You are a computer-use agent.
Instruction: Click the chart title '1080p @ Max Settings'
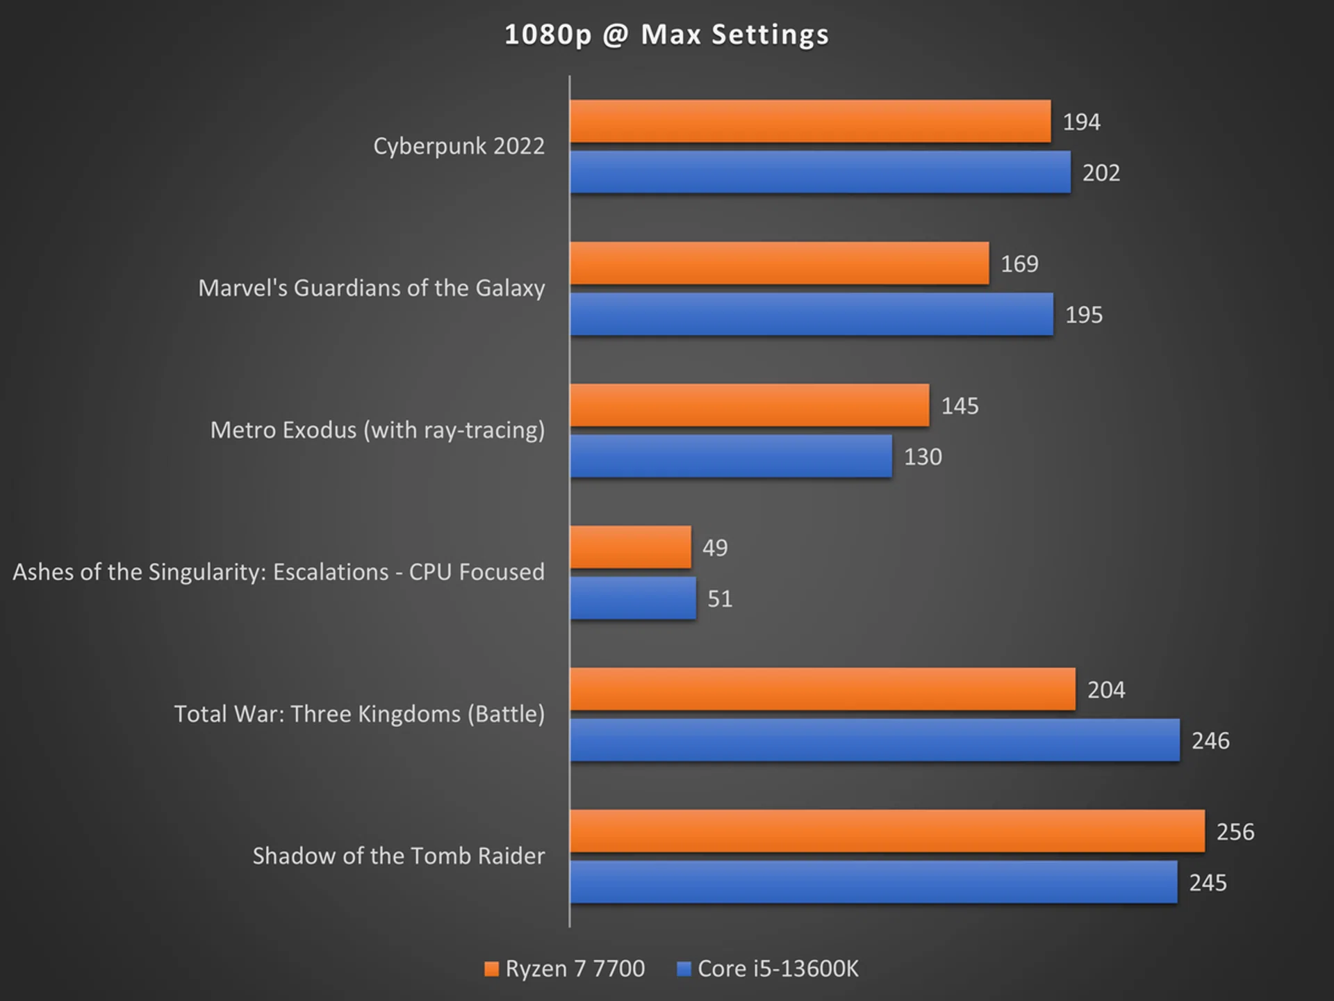tap(666, 35)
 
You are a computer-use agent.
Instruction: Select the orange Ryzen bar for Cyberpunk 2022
tap(809, 122)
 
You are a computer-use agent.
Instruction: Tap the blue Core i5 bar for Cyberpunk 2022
tap(820, 172)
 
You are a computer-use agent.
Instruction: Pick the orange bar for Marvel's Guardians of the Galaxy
tap(779, 263)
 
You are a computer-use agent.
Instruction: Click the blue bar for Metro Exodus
tap(730, 457)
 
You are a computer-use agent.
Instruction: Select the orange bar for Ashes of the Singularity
tap(630, 548)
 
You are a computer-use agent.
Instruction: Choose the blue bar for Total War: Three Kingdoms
tap(874, 740)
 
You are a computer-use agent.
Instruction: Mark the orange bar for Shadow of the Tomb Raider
tap(887, 831)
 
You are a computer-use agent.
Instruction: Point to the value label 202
tap(1101, 173)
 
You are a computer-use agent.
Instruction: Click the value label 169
tap(1019, 264)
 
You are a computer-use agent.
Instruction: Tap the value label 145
tap(960, 406)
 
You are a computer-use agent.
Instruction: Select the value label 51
tap(720, 599)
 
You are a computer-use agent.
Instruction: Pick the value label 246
tap(1210, 741)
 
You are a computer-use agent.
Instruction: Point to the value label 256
tap(1235, 832)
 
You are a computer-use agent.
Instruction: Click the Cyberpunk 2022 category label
tap(459, 147)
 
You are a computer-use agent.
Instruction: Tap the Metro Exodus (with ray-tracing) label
tap(377, 430)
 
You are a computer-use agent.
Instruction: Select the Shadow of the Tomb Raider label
tap(398, 856)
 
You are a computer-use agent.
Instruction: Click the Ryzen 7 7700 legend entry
tap(565, 969)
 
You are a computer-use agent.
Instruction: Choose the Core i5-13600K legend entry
tap(768, 969)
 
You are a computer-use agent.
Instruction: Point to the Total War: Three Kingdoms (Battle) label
tap(359, 715)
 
